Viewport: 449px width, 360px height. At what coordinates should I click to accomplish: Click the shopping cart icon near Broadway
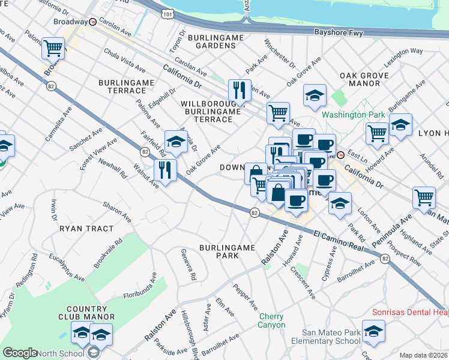pyautogui.click(x=53, y=48)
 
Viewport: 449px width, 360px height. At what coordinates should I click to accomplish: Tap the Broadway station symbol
pyautogui.click(x=93, y=22)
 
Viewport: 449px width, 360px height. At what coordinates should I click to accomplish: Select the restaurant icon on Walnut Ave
pyautogui.click(x=165, y=170)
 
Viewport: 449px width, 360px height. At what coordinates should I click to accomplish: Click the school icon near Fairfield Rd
pyautogui.click(x=176, y=142)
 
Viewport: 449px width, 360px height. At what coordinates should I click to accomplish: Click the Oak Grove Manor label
pyautogui.click(x=364, y=79)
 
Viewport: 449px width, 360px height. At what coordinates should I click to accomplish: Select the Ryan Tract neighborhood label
pyautogui.click(x=86, y=229)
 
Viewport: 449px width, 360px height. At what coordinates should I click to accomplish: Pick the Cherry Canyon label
pyautogui.click(x=272, y=320)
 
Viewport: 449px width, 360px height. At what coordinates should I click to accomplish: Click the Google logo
pyautogui.click(x=20, y=353)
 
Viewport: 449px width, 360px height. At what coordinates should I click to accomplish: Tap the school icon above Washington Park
pyautogui.click(x=315, y=95)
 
